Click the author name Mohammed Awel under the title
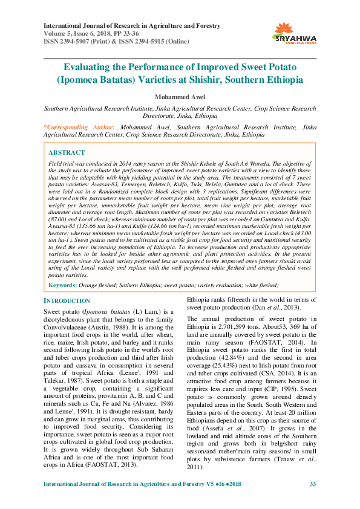tap(180, 96)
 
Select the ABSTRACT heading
tap(66, 152)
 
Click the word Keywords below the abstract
tap(62, 284)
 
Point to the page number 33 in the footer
tap(313, 501)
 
